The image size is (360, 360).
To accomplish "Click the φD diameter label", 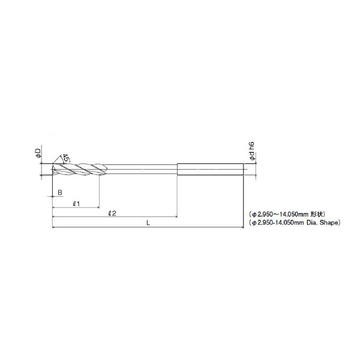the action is pyautogui.click(x=38, y=152).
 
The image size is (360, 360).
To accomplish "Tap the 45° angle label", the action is pyautogui.click(x=67, y=158).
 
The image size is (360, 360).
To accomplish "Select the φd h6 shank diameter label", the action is pyautogui.click(x=252, y=151).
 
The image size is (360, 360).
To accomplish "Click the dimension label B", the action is pyautogui.click(x=60, y=193).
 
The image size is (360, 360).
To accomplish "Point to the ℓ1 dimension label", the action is pyautogui.click(x=76, y=203).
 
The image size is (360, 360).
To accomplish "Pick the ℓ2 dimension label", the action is pyautogui.click(x=112, y=213).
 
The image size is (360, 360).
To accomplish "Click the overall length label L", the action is pyautogui.click(x=148, y=223).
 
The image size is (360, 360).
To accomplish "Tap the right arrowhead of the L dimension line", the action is pyautogui.click(x=242, y=227).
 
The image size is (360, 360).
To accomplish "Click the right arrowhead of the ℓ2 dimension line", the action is pyautogui.click(x=176, y=217).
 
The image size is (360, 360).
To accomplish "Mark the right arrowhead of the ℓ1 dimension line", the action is pyautogui.click(x=98, y=208).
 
